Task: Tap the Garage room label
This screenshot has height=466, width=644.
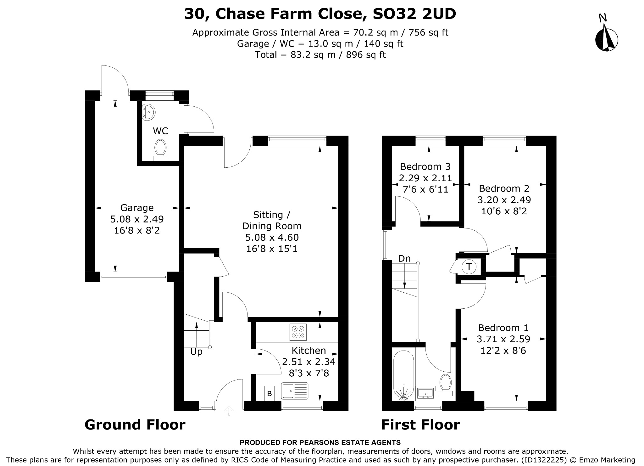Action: [137, 208]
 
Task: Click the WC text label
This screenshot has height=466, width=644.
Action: [160, 131]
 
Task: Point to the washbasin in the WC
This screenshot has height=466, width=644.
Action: [148, 113]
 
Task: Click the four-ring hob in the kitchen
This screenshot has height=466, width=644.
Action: [298, 332]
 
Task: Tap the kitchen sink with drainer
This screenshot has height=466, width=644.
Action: [295, 391]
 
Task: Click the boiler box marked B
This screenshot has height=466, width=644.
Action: [269, 393]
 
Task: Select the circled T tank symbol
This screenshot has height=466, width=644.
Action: [469, 267]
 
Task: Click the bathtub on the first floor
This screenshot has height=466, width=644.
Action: [403, 376]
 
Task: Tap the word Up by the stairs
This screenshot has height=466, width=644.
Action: [196, 352]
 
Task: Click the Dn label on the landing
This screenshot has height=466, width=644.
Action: [404, 258]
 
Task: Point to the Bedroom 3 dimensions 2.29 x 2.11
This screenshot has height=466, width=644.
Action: [425, 178]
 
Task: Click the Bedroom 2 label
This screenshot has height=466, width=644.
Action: [504, 188]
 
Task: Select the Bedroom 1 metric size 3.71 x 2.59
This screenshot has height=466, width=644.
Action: [503, 339]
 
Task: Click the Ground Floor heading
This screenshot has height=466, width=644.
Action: [135, 424]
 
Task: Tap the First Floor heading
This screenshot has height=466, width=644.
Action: [420, 424]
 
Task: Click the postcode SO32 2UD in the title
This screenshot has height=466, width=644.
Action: [414, 14]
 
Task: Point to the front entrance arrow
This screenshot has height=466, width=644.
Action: [229, 411]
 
